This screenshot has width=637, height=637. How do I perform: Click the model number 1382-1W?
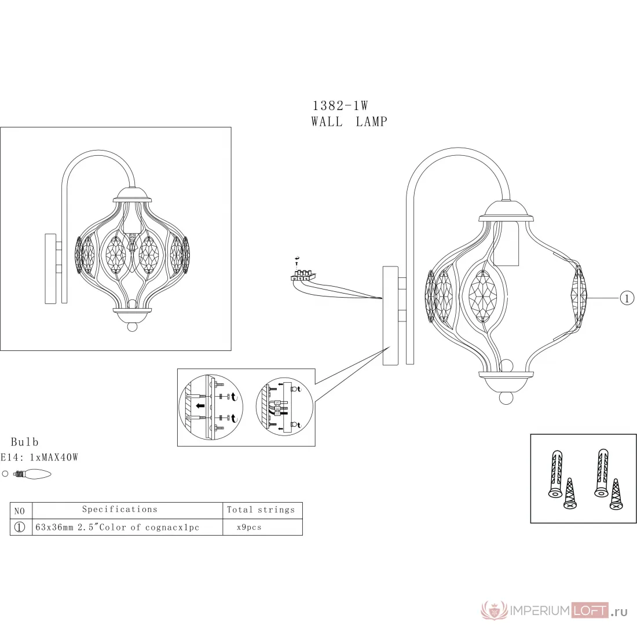[340, 105]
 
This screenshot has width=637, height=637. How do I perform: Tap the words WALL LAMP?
[349, 122]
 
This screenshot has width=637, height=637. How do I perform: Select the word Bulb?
[25, 442]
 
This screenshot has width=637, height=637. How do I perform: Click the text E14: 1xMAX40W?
[39, 457]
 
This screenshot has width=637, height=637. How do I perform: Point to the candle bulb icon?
[32, 474]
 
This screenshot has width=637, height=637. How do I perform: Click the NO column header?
[20, 511]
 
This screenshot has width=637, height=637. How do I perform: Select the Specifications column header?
[120, 510]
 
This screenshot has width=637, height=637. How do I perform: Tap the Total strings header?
[261, 510]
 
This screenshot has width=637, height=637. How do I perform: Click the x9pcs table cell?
[249, 528]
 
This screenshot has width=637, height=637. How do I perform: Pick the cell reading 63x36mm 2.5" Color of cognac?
[118, 528]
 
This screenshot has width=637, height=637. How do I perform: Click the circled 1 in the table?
[20, 528]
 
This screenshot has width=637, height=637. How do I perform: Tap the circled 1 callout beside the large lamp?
[627, 299]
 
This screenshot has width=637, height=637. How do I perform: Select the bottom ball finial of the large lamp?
[506, 398]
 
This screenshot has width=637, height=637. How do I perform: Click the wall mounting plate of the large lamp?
[390, 316]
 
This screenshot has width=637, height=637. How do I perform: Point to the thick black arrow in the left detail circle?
[200, 406]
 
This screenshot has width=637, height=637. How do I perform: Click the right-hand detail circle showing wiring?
[284, 407]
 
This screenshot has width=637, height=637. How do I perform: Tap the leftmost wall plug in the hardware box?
[556, 474]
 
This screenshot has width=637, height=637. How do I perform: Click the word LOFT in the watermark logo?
[590, 610]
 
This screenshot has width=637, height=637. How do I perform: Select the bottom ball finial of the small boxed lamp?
[133, 326]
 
